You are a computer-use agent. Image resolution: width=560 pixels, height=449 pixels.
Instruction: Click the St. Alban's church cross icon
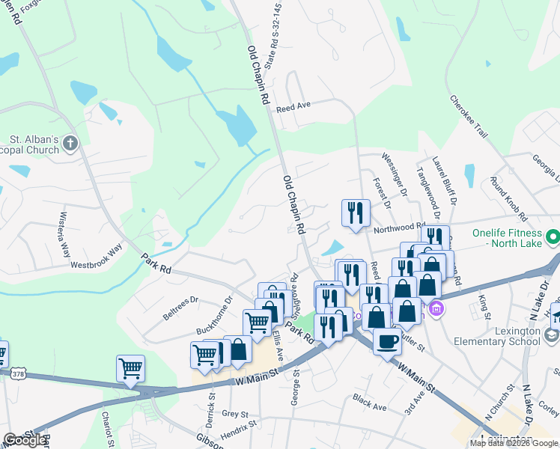coord(70,144)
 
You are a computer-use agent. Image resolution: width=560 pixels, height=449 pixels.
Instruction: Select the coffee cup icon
coord(387,341)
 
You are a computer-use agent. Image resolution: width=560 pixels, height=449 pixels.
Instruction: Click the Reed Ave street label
coord(293,108)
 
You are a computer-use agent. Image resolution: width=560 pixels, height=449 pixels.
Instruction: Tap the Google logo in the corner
coord(25,440)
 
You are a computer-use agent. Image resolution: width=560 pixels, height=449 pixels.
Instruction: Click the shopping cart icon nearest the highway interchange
coord(130,368)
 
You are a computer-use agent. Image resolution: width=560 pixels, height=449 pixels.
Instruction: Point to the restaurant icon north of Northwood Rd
coord(356,212)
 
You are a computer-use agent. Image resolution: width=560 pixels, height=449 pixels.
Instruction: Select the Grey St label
coord(234,413)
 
